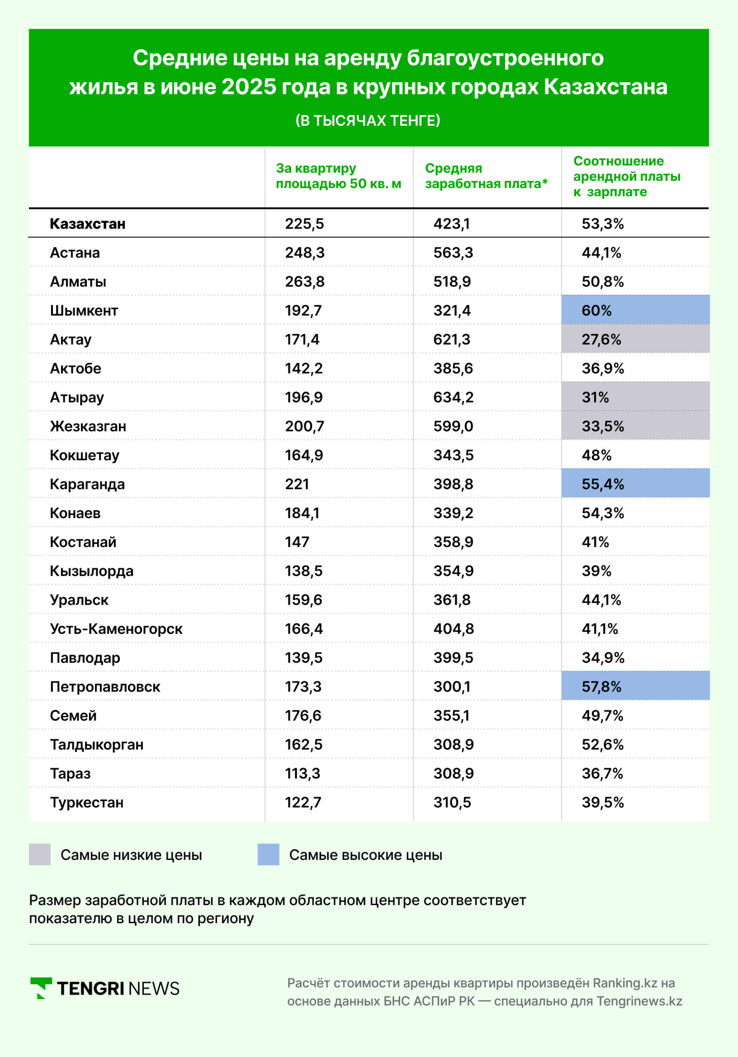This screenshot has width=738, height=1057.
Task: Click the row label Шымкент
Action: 84,310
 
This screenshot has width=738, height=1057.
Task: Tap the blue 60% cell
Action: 635,310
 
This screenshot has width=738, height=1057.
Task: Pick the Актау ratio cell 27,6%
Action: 635,339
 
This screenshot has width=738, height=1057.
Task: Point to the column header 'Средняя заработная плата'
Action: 486,176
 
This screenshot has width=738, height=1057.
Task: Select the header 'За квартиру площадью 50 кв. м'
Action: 338,176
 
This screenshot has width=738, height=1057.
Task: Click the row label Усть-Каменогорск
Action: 116,628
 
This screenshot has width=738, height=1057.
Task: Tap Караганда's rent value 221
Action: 297,484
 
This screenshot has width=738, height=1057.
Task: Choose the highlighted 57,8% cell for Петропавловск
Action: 635,686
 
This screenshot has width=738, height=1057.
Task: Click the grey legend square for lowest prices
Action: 40,854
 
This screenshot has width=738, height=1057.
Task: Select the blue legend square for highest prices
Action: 268,854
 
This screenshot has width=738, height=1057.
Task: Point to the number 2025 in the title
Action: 249,86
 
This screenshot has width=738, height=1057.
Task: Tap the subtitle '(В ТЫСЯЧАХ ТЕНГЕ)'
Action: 368,121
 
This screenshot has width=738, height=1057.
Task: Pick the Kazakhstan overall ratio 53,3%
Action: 603,223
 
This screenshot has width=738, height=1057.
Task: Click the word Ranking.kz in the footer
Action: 625,983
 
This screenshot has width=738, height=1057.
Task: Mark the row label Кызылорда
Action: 91,571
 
